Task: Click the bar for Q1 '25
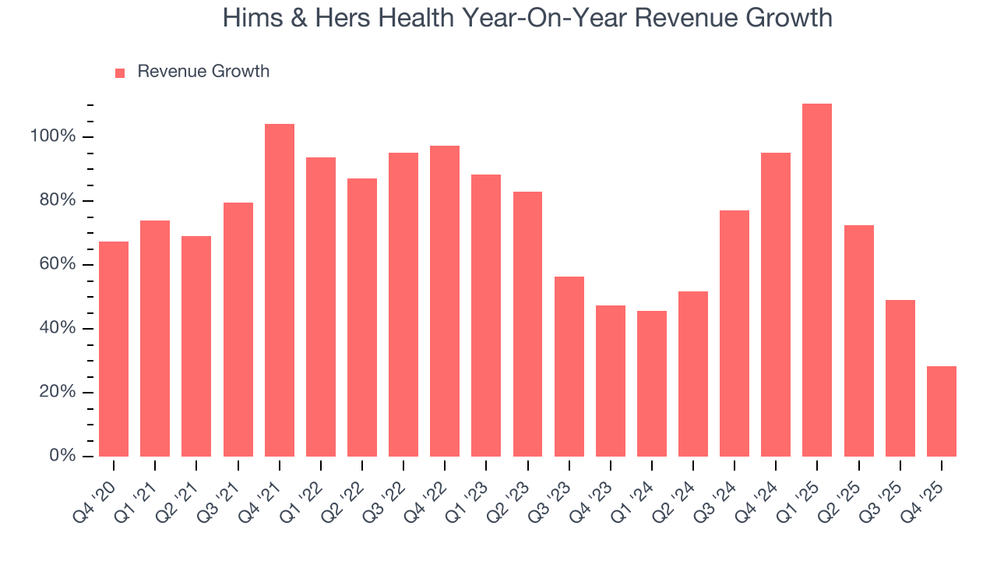pos(817,280)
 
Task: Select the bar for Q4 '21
pos(280,290)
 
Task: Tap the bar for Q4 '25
pos(941,411)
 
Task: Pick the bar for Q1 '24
pos(652,383)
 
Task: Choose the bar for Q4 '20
pos(114,349)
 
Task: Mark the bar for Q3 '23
pos(569,366)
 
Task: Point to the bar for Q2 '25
pos(858,340)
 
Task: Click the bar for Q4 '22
pos(445,301)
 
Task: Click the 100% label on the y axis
pos(53,137)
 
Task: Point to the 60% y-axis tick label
pos(57,264)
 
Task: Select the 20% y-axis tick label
pos(57,392)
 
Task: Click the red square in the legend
pos(120,72)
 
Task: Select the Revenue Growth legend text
pos(203,72)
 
